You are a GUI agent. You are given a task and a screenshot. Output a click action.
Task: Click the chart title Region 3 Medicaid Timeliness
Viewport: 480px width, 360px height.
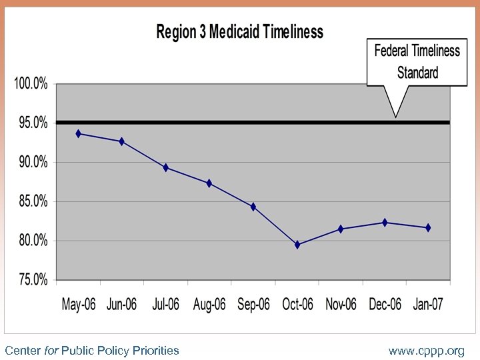[x=239, y=32]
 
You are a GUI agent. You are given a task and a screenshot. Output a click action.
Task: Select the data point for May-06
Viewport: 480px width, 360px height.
[x=79, y=134]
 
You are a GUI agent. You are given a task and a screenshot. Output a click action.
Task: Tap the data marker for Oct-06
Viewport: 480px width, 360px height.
[x=297, y=245]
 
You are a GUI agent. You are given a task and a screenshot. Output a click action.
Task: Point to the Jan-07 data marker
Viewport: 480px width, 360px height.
[x=428, y=228]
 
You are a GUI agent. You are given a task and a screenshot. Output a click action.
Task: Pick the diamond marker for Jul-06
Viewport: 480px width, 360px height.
[x=165, y=168]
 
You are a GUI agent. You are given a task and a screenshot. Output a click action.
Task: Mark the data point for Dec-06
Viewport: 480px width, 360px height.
[x=385, y=223]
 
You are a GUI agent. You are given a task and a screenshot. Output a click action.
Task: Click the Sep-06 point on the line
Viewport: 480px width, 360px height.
[x=253, y=207]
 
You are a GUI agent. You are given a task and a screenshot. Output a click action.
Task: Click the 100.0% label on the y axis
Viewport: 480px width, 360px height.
[x=31, y=84]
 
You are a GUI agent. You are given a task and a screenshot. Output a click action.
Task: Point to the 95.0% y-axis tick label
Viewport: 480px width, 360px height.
[x=32, y=123]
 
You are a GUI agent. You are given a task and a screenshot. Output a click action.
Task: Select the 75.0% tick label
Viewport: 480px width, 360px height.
[x=32, y=280]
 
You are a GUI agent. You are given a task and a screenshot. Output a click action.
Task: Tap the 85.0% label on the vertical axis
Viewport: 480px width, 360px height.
[x=32, y=201]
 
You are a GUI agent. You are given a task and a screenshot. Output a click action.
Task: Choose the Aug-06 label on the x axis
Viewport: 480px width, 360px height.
[x=209, y=305]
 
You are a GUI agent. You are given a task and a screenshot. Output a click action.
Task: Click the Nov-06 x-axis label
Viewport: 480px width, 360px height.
[x=341, y=305]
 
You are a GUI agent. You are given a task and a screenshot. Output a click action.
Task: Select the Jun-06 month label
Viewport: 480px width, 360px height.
[x=121, y=305]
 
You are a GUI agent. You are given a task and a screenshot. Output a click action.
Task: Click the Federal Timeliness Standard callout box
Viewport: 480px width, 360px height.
[x=417, y=61]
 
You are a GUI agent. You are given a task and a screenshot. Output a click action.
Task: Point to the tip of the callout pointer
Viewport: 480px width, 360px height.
[x=396, y=117]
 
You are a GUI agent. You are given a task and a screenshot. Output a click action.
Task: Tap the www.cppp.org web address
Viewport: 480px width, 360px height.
[x=427, y=350]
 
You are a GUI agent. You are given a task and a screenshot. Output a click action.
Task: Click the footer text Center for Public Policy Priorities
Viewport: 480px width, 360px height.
[x=92, y=350]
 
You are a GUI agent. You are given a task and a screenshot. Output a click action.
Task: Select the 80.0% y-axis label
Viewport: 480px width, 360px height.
[x=32, y=241]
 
